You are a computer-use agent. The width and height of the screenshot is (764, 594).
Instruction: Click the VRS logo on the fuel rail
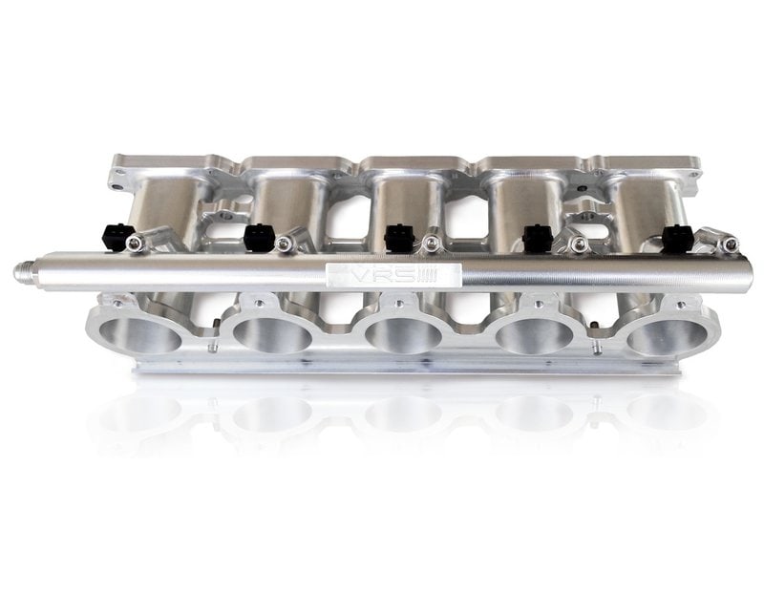pos(393,276)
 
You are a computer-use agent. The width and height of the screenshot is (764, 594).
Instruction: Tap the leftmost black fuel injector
pos(117,236)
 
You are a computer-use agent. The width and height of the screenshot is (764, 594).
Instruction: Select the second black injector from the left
pos(256,236)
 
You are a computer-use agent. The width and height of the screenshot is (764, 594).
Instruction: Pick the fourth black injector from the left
pos(538,236)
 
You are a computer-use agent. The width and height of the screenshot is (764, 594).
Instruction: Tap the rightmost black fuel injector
pos(677,238)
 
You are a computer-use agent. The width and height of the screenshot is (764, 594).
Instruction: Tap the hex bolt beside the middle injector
pos(431,244)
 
